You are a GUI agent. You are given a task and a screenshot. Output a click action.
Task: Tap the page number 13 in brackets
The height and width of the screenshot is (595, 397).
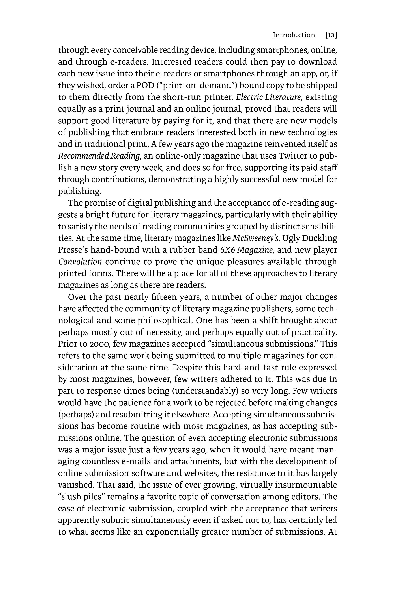coord(331,35)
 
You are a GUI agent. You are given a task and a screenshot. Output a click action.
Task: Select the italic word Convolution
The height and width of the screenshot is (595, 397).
coord(80,262)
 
